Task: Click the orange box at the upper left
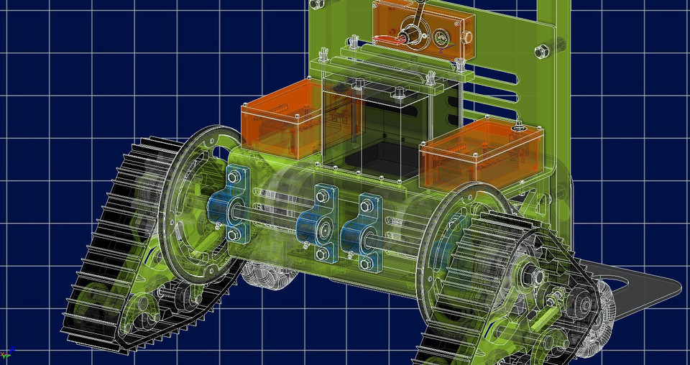pos(282,119)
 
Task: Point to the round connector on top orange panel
pos(440,38)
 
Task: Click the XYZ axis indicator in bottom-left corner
pos(9,352)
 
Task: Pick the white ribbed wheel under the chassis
pos(266,273)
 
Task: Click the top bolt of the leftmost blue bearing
pos(232,175)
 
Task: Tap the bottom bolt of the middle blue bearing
pos(324,253)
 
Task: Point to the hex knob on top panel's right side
pos(466,35)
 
